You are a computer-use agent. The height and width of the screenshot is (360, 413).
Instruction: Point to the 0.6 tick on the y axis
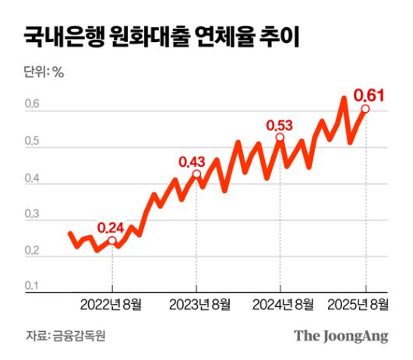[31, 106]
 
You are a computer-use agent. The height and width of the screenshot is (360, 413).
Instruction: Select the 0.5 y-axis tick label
[31, 141]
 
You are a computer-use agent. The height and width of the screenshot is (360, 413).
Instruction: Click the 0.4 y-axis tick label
[31, 178]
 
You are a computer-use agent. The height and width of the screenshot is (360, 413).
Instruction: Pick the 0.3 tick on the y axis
[31, 215]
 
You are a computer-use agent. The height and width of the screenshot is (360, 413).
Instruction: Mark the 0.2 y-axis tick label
[31, 251]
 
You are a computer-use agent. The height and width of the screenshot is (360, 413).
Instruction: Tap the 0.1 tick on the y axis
[31, 287]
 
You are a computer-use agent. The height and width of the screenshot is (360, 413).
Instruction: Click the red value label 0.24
[111, 228]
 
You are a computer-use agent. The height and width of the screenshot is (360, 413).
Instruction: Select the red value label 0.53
[280, 125]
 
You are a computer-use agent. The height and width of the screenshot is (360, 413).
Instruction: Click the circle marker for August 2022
[112, 242]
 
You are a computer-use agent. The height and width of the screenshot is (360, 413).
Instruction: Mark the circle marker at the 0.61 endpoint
[365, 109]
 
